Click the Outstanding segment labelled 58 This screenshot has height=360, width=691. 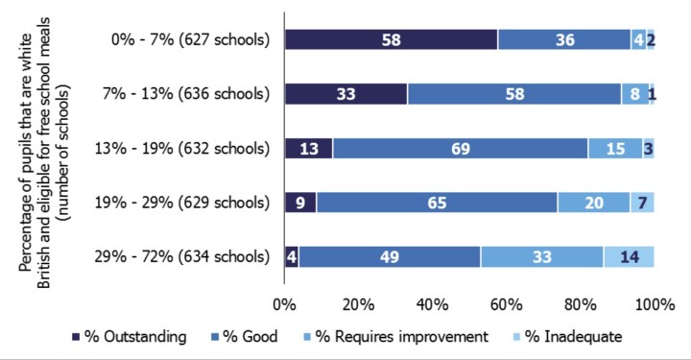click(391, 39)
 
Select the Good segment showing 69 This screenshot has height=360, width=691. click(460, 148)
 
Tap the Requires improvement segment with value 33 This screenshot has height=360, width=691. click(541, 256)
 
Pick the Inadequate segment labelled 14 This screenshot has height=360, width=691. click(629, 256)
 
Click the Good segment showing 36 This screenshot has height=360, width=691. click(563, 39)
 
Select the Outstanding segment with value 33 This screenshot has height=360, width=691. click(345, 94)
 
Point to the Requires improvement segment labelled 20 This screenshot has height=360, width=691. click(593, 203)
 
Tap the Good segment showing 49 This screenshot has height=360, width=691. click(390, 256)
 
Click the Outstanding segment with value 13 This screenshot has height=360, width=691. click(308, 148)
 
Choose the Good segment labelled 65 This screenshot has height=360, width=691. click(437, 203)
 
